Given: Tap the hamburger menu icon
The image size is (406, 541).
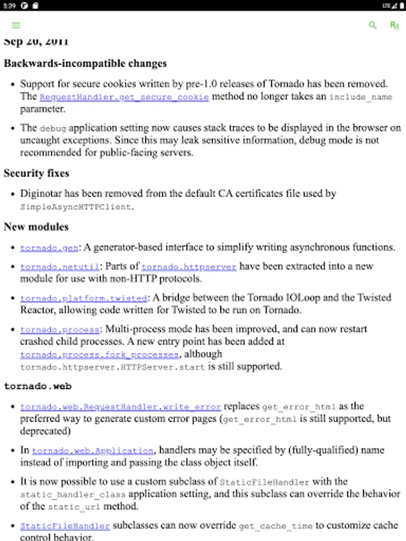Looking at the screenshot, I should pyautogui.click(x=16, y=25).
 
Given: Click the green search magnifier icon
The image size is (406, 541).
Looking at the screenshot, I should pyautogui.click(x=373, y=25).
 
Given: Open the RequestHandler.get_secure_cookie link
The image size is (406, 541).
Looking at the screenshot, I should pyautogui.click(x=124, y=97).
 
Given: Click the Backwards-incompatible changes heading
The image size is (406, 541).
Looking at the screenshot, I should pyautogui.click(x=85, y=63).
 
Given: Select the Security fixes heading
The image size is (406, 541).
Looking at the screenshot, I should pyautogui.click(x=36, y=173).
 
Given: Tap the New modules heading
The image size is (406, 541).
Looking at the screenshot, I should pyautogui.click(x=35, y=227).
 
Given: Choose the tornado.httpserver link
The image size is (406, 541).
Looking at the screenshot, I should pyautogui.click(x=189, y=266).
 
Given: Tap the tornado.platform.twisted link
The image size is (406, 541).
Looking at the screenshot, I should pyautogui.click(x=84, y=298).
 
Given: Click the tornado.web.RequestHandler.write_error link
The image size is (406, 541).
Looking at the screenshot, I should pyautogui.click(x=120, y=407).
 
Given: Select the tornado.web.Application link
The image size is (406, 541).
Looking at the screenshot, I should pyautogui.click(x=93, y=450).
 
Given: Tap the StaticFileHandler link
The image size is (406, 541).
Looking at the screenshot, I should pyautogui.click(x=65, y=526).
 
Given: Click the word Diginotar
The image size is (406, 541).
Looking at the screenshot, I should pyautogui.click(x=42, y=194).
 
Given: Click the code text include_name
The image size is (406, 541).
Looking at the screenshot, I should pyautogui.click(x=360, y=97).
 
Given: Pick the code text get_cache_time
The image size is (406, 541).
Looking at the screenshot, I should pyautogui.click(x=276, y=526).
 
